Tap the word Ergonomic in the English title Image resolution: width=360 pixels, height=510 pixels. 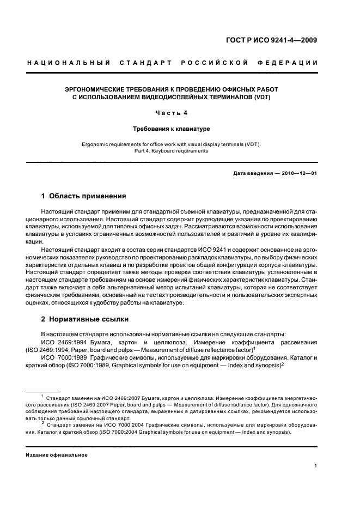96,144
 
